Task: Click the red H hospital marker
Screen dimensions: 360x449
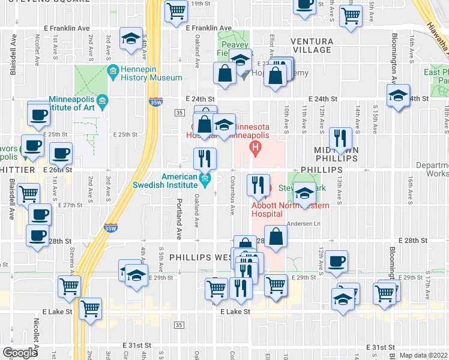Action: (256, 146)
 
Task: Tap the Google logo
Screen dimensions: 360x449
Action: (20, 352)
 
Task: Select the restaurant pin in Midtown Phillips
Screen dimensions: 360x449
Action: (340, 138)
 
